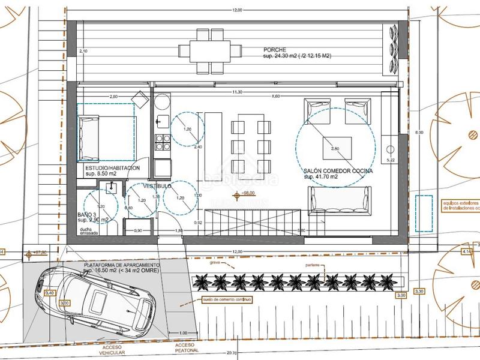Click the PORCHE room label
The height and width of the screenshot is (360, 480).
tap(275, 50)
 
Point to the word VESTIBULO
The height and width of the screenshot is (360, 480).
tap(157, 186)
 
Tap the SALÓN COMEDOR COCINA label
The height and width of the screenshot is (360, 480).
tap(338, 171)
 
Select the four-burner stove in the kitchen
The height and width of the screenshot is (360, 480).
tap(162, 142)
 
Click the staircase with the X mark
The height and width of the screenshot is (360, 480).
tap(252, 222)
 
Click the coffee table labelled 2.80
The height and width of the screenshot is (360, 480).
tap(335, 148)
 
